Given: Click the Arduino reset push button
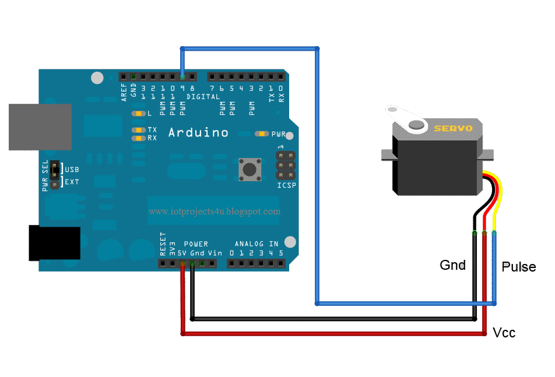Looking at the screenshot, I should pos(250,169).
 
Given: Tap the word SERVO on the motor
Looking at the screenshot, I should pos(453,128).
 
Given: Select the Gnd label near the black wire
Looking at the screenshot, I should pos(452,266).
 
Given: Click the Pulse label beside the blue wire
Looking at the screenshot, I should pos(518,267).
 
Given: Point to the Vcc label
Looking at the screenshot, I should pos(504,333).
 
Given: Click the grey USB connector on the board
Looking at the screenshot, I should pos(40,127).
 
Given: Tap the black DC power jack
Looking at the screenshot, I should pos(54,243).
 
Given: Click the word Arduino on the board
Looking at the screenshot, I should pos(198,133).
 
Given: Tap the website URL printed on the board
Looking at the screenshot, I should pos(215,212).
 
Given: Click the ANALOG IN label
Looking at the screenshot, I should pos(257,244).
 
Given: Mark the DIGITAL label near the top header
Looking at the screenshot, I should pos(203,97).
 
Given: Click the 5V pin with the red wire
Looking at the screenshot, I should pos(183,264).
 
